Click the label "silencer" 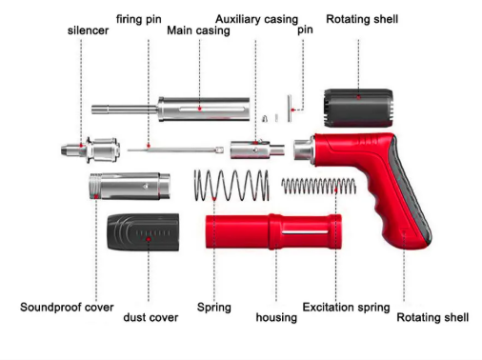point(88,30)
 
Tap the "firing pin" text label point(139,19)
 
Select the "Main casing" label point(198,30)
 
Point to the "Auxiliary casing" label point(256,19)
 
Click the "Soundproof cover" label point(67,308)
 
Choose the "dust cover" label point(151,317)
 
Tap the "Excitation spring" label point(346,308)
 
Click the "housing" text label point(276,317)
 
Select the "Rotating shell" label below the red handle point(432,317)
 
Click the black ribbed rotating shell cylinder point(358,108)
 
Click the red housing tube point(273,231)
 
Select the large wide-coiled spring point(231,185)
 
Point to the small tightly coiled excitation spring point(318,186)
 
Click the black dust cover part point(143,231)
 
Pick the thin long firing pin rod point(175,150)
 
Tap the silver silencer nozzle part point(90,150)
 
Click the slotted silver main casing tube point(171,109)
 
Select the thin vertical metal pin point(290,109)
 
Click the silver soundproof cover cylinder point(130,187)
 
